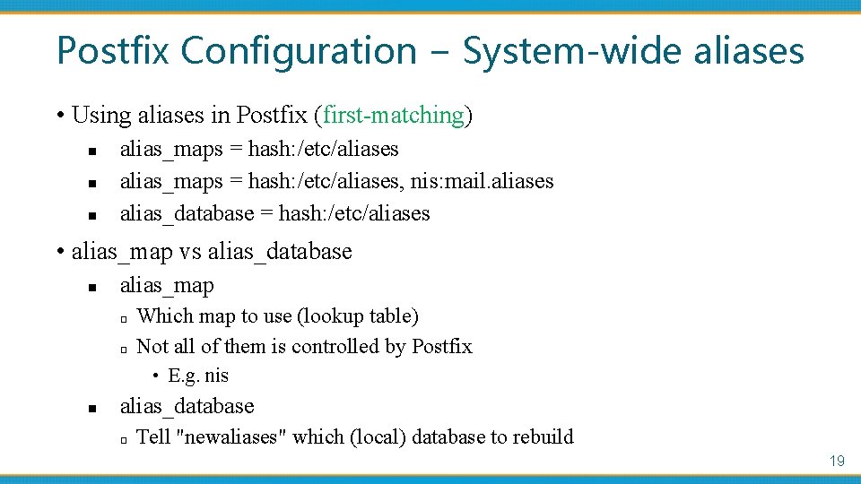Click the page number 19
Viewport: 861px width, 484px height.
[837, 461]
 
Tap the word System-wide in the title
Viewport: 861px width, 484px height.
[573, 50]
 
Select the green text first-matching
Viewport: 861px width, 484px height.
[394, 116]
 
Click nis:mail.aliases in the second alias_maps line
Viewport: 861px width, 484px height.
[482, 181]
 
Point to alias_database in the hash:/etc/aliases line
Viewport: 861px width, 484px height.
[187, 213]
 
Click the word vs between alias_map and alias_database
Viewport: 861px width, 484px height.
[190, 252]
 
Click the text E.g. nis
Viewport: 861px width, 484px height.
[198, 376]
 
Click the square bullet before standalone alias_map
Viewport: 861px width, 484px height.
[92, 288]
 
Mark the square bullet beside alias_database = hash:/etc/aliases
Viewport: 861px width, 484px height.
[92, 215]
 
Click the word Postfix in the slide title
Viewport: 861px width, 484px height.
[113, 50]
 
